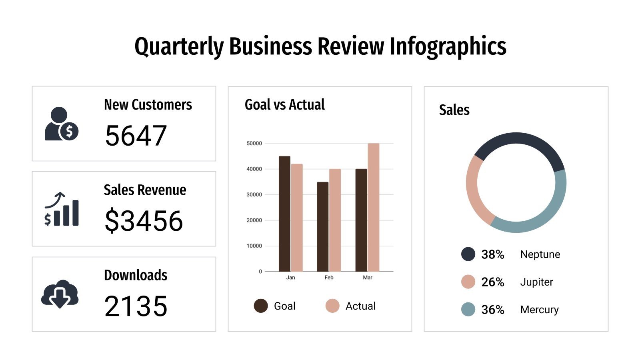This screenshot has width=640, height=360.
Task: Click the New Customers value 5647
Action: (x=136, y=136)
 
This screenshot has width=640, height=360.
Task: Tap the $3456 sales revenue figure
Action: (x=144, y=221)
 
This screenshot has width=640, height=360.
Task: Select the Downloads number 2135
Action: (x=136, y=306)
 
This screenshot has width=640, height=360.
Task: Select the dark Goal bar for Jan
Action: (x=284, y=214)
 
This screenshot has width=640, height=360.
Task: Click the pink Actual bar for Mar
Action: (x=373, y=208)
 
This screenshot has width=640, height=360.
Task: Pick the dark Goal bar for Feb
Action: (x=322, y=227)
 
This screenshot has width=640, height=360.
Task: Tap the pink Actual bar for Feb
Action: (x=335, y=220)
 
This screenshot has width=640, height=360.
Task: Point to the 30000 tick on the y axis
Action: (x=254, y=195)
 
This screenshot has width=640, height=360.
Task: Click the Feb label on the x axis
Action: (x=329, y=278)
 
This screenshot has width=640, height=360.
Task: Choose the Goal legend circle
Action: (x=261, y=306)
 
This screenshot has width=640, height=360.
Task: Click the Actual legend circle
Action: (x=332, y=306)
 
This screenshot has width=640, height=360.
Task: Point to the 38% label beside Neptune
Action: (x=492, y=254)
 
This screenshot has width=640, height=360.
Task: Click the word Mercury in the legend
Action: (x=539, y=310)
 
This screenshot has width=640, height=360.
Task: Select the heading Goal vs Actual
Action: (x=284, y=105)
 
